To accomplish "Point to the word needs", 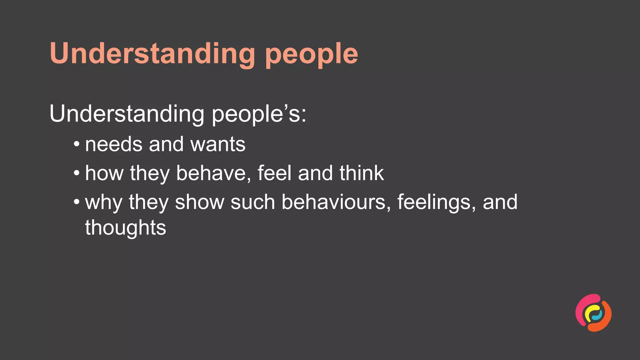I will click(x=113, y=145).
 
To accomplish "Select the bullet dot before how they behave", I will click(x=77, y=173).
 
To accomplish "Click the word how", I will click(x=104, y=173).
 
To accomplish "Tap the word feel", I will click(x=274, y=173).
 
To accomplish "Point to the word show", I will click(x=199, y=202).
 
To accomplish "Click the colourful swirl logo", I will click(x=593, y=313).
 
